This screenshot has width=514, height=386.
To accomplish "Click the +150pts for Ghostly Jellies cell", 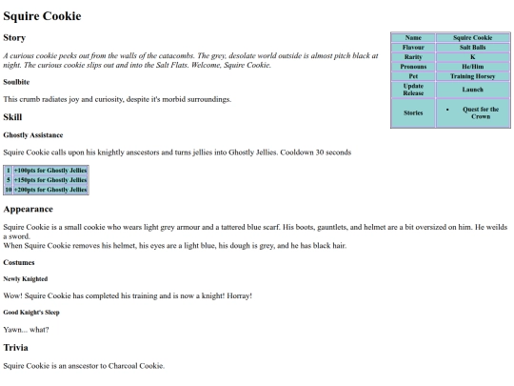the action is pyautogui.click(x=49, y=178).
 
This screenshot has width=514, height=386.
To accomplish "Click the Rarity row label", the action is pyautogui.click(x=413, y=55).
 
